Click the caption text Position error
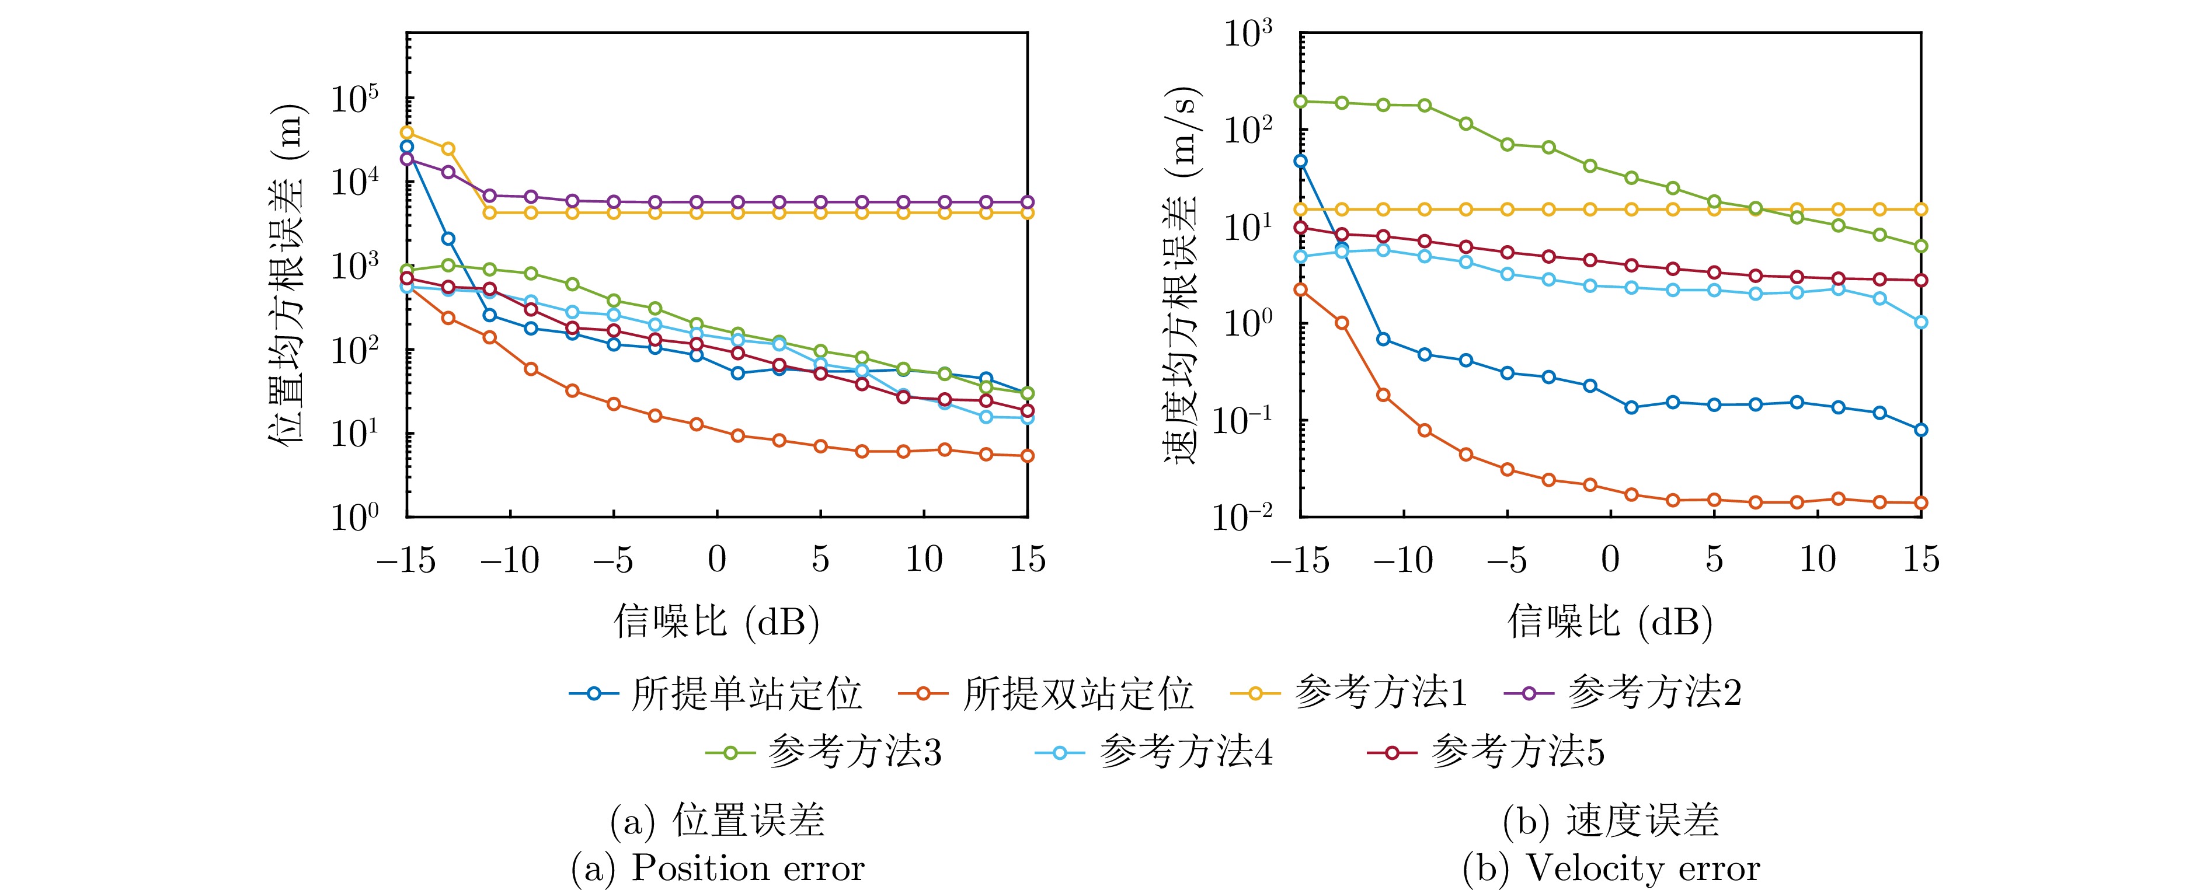click(747, 868)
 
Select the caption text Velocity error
click(1642, 868)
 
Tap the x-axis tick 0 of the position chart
click(717, 559)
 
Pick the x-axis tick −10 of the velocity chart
click(1404, 559)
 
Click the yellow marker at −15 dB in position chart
click(407, 133)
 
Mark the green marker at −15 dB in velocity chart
click(1301, 101)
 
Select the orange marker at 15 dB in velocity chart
click(1921, 503)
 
